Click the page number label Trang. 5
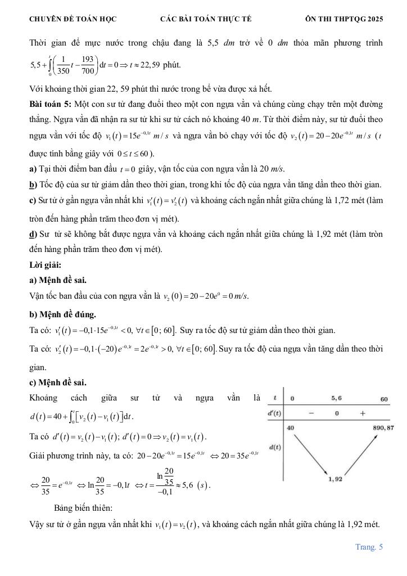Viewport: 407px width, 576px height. (x=369, y=546)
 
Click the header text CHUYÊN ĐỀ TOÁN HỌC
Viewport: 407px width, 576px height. (x=73, y=19)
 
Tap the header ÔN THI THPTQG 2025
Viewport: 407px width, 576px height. (x=344, y=19)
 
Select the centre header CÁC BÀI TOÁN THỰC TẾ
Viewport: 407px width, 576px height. (x=206, y=19)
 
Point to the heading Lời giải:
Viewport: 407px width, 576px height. (x=45, y=264)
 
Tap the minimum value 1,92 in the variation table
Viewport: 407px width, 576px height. (x=336, y=479)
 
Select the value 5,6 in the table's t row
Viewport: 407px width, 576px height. (x=336, y=398)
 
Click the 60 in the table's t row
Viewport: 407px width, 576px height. (x=384, y=399)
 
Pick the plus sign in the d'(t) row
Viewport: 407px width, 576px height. (x=362, y=413)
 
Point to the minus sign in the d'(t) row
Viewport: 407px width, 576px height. (x=311, y=413)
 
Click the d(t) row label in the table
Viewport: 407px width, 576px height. (x=275, y=447)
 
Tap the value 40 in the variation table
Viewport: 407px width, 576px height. (x=291, y=428)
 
